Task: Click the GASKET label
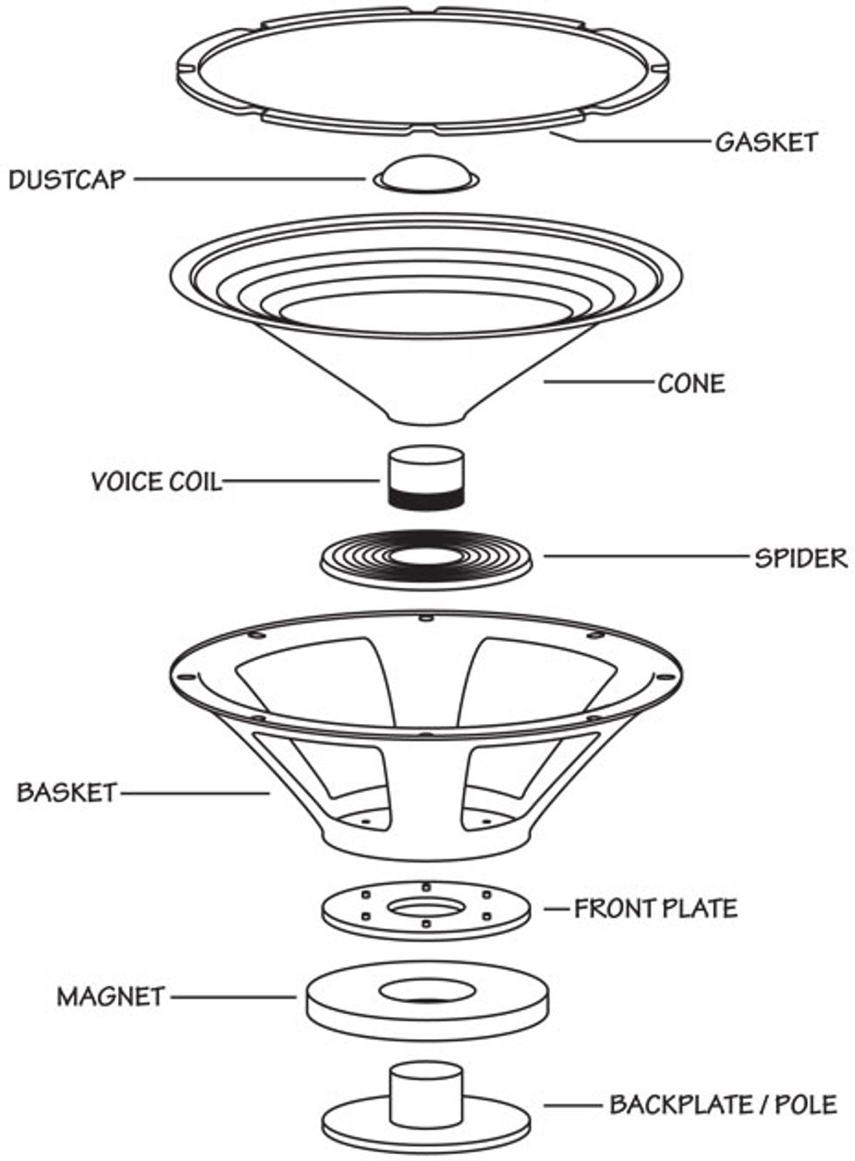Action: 766,142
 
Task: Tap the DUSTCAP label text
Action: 67,180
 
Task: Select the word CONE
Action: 691,384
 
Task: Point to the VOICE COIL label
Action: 156,481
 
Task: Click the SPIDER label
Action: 800,557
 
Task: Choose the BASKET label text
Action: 66,793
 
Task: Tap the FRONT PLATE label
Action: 655,909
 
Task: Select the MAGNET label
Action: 111,996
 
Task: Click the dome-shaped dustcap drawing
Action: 425,173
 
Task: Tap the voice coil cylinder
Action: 425,477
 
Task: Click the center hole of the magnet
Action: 427,992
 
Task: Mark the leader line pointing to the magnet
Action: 234,997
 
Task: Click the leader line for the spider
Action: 645,556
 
